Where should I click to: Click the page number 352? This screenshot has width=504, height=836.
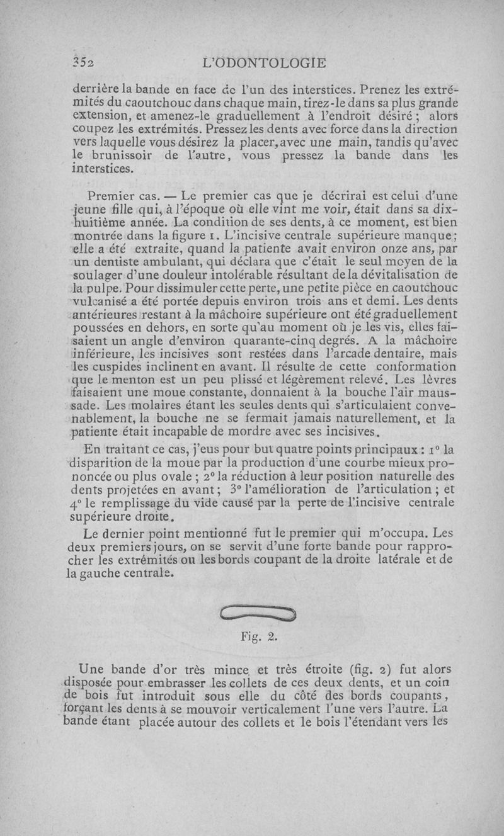click(83, 63)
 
